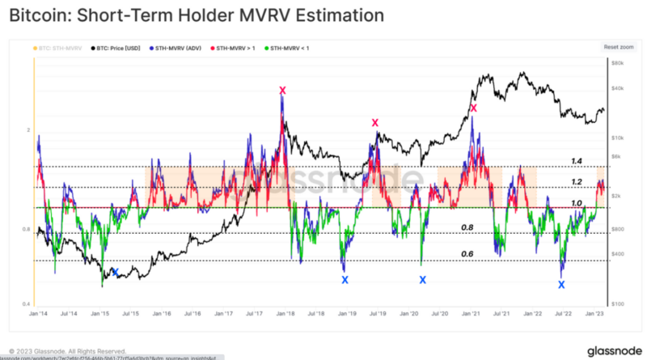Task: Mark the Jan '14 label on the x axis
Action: coord(36,311)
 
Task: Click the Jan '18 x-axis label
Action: coord(285,311)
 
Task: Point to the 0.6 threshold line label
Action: coord(467,254)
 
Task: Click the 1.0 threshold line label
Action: coord(576,202)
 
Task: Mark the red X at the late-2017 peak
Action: coord(282,91)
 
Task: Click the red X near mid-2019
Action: coord(375,123)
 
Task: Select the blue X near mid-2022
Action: coord(561,285)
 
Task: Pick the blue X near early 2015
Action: coord(115,273)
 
